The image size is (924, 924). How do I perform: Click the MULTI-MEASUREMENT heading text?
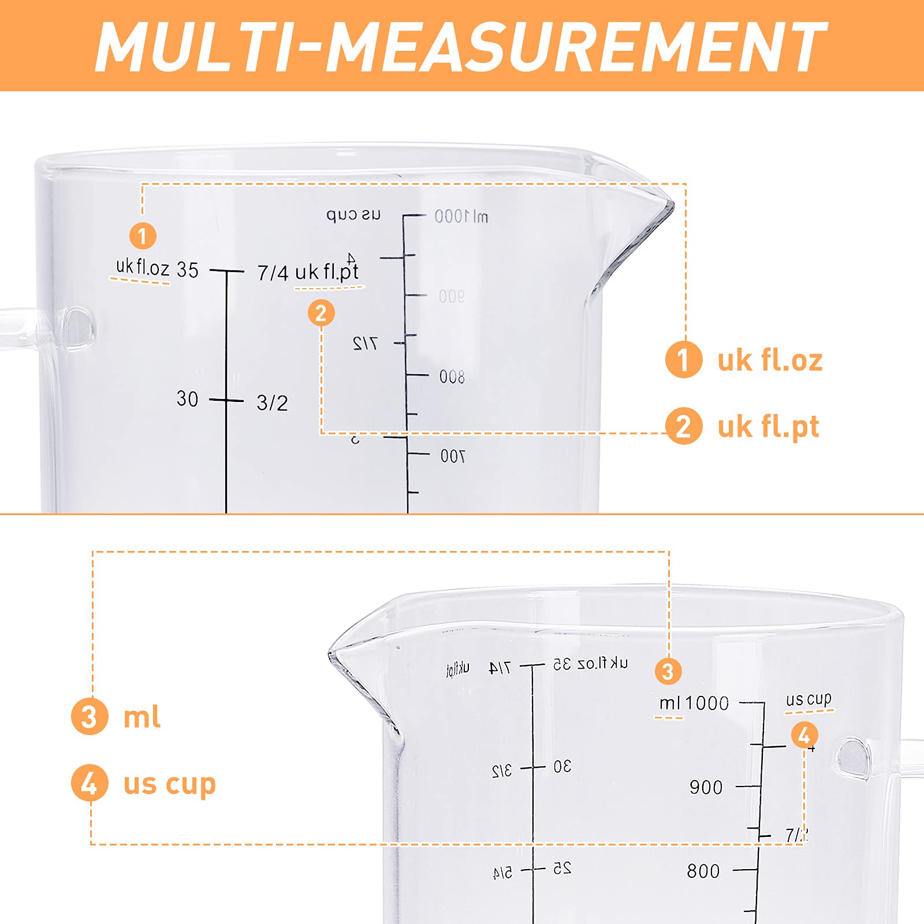461,46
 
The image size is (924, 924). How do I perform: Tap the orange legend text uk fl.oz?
770,360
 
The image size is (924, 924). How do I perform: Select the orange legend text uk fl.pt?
768,427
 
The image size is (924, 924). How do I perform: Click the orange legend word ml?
142,717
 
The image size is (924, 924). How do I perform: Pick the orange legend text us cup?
169,784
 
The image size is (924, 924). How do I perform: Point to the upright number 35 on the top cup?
188,270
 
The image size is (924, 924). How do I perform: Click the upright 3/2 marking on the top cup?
272,403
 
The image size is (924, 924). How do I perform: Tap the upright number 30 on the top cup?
187,398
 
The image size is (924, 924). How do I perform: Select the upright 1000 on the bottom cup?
707,703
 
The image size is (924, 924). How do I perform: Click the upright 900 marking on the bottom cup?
706,787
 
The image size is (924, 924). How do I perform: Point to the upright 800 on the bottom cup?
703,871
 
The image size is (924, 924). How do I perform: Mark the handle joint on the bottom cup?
854,757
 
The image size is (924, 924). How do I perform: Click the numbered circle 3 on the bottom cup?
668,672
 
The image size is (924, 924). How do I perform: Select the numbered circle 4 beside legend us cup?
90,784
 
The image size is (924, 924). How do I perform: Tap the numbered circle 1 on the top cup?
143,236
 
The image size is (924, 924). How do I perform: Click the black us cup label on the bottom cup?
808,699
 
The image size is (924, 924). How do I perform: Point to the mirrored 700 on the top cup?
452,456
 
